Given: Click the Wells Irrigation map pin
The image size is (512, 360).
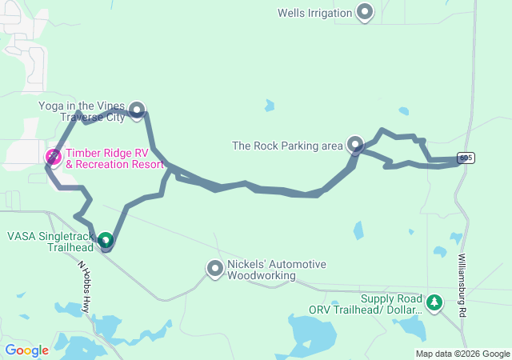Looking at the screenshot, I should point(366,13).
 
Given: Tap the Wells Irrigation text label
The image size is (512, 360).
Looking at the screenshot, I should point(314,13).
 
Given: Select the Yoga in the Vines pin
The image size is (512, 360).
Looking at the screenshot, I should point(138,110).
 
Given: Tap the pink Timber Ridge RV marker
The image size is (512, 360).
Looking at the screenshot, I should point(54,156).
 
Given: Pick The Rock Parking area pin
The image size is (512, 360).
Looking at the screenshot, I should point(356,145).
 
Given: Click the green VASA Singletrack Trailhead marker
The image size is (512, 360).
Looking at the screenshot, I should point(106,238).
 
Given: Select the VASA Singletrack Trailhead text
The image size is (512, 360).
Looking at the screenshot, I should point(50,242).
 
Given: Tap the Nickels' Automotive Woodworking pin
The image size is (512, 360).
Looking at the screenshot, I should point(215,270).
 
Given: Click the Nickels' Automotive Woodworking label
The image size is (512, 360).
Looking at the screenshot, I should point(266,270).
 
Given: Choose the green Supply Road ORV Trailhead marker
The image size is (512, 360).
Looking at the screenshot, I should point(434,302).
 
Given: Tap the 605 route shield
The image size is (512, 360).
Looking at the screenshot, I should point(466,158).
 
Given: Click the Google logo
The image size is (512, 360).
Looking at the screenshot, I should point(26,350).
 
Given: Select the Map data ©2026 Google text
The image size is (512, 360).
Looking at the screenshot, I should point(462,354).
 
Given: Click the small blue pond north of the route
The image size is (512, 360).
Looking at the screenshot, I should point(270,105).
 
